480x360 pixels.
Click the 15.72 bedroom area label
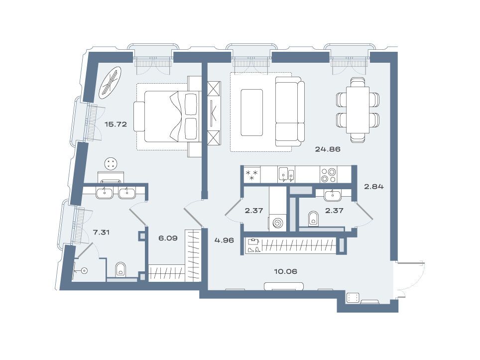(116, 124)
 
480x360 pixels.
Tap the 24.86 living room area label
(328, 149)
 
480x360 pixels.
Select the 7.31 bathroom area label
(101, 233)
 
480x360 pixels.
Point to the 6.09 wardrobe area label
(168, 238)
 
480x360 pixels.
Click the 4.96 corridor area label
(224, 240)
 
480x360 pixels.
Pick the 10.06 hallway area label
(285, 271)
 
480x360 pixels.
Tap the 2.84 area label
(373, 186)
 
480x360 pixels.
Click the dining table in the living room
(358, 110)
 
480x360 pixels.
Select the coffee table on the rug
(252, 113)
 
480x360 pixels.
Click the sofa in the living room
(290, 112)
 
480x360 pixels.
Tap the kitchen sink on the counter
(286, 174)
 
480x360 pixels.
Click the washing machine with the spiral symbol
(278, 223)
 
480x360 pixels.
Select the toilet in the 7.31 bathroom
(121, 269)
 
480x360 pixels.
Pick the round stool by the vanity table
(111, 163)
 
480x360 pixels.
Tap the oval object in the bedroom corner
(111, 83)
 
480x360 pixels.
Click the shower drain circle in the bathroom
(85, 270)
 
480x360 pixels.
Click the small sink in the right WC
(333, 195)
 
